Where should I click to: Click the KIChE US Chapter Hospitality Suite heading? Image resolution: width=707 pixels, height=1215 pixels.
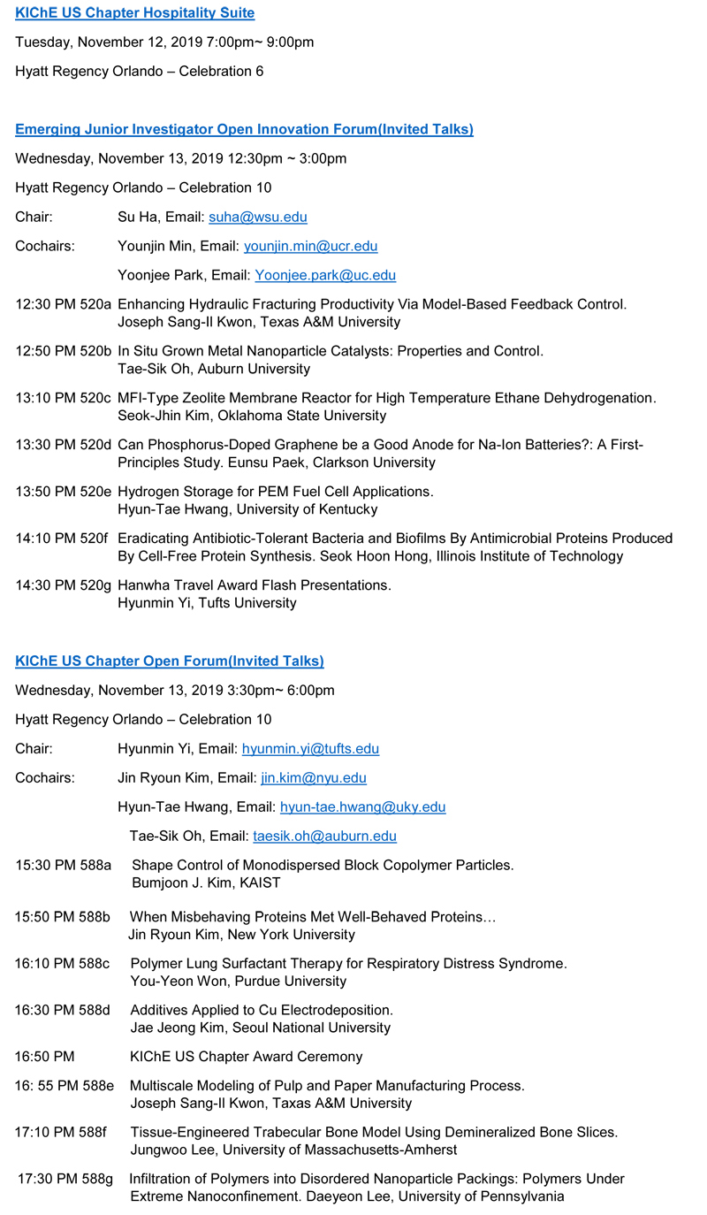point(134,12)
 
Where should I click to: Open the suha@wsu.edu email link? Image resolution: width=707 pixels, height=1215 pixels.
point(258,217)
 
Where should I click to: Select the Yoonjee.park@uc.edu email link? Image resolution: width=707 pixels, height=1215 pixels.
point(325,275)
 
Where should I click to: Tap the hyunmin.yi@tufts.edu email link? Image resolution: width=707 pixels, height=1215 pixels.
point(310,749)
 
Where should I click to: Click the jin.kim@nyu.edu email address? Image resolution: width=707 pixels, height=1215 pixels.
point(314,778)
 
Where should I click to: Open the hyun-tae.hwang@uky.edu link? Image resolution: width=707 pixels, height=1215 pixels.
point(362,806)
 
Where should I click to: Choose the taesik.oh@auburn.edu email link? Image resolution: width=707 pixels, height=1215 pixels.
point(324,836)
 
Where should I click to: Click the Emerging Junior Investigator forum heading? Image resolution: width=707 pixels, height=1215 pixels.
point(244,129)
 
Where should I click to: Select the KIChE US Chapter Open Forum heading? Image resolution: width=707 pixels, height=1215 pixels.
point(169,661)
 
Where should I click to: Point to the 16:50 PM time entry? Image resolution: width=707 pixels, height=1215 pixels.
point(44,1057)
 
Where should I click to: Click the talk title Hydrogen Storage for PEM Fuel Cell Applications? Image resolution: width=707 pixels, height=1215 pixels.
point(275,491)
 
